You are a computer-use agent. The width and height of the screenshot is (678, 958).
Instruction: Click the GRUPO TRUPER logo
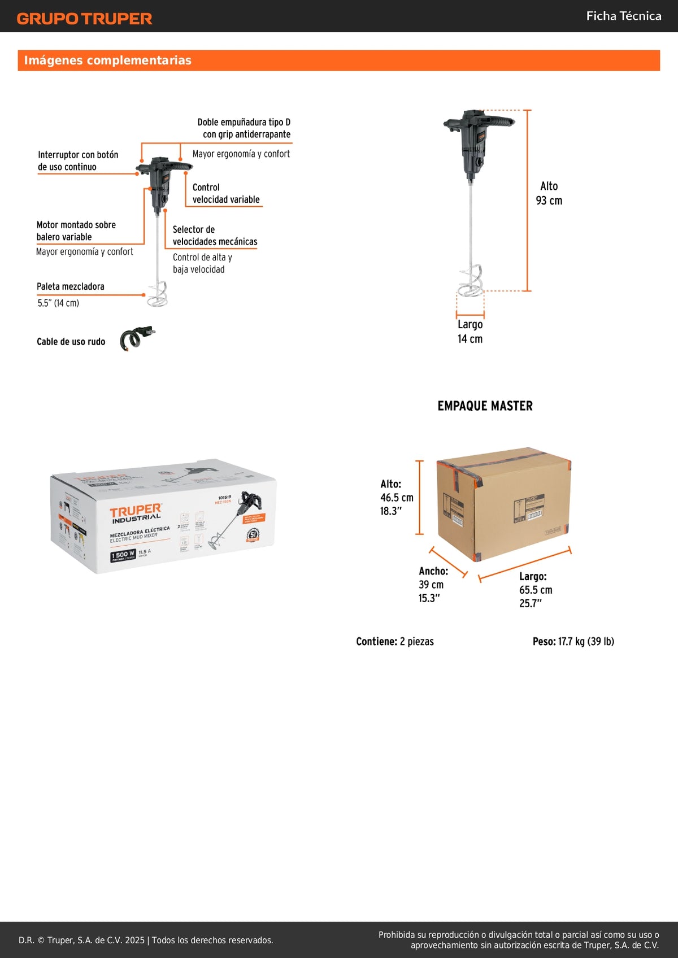point(85,19)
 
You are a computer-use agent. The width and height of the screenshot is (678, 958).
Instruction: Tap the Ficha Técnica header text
point(624,16)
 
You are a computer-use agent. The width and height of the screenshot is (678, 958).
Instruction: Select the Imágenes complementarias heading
point(108,60)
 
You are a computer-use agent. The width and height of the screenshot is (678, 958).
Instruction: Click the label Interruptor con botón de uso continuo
point(78,161)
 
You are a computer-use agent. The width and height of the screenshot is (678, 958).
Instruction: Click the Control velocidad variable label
point(226,193)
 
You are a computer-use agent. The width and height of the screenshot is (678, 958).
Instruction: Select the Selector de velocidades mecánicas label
point(215,236)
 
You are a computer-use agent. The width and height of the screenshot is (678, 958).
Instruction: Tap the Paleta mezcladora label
point(71,287)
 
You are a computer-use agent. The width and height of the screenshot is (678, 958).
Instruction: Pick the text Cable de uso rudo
point(71,342)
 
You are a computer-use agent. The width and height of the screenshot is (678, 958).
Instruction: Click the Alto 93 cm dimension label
point(549,193)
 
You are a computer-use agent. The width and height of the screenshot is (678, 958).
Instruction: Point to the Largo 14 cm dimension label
point(470,332)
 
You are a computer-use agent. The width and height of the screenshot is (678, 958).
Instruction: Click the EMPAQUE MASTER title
point(485,406)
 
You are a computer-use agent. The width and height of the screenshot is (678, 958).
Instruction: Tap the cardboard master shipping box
point(503,503)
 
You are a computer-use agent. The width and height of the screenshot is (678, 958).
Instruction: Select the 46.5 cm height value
point(397,498)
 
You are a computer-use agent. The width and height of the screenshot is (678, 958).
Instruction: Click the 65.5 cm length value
point(536,590)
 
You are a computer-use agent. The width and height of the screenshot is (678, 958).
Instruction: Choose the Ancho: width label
point(433,571)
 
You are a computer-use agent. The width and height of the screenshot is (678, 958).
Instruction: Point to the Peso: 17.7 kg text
point(573,642)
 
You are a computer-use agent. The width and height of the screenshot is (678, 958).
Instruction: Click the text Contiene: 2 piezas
point(395,642)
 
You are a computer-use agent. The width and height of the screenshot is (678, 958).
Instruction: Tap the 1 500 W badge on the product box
point(123,555)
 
